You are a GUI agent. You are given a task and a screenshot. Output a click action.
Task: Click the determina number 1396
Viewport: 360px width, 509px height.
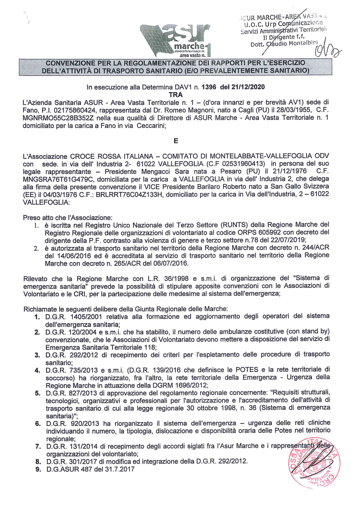pyautogui.click(x=209, y=87)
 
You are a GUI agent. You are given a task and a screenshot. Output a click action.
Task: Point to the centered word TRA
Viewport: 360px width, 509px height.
pyautogui.click(x=176, y=95)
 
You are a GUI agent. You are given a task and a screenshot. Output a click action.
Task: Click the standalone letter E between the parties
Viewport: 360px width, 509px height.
pyautogui.click(x=176, y=141)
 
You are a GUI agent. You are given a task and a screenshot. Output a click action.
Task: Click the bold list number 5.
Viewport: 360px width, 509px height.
pyautogui.click(x=37, y=393)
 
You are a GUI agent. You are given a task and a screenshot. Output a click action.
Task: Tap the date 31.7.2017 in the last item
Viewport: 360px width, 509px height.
pyautogui.click(x=118, y=469)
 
